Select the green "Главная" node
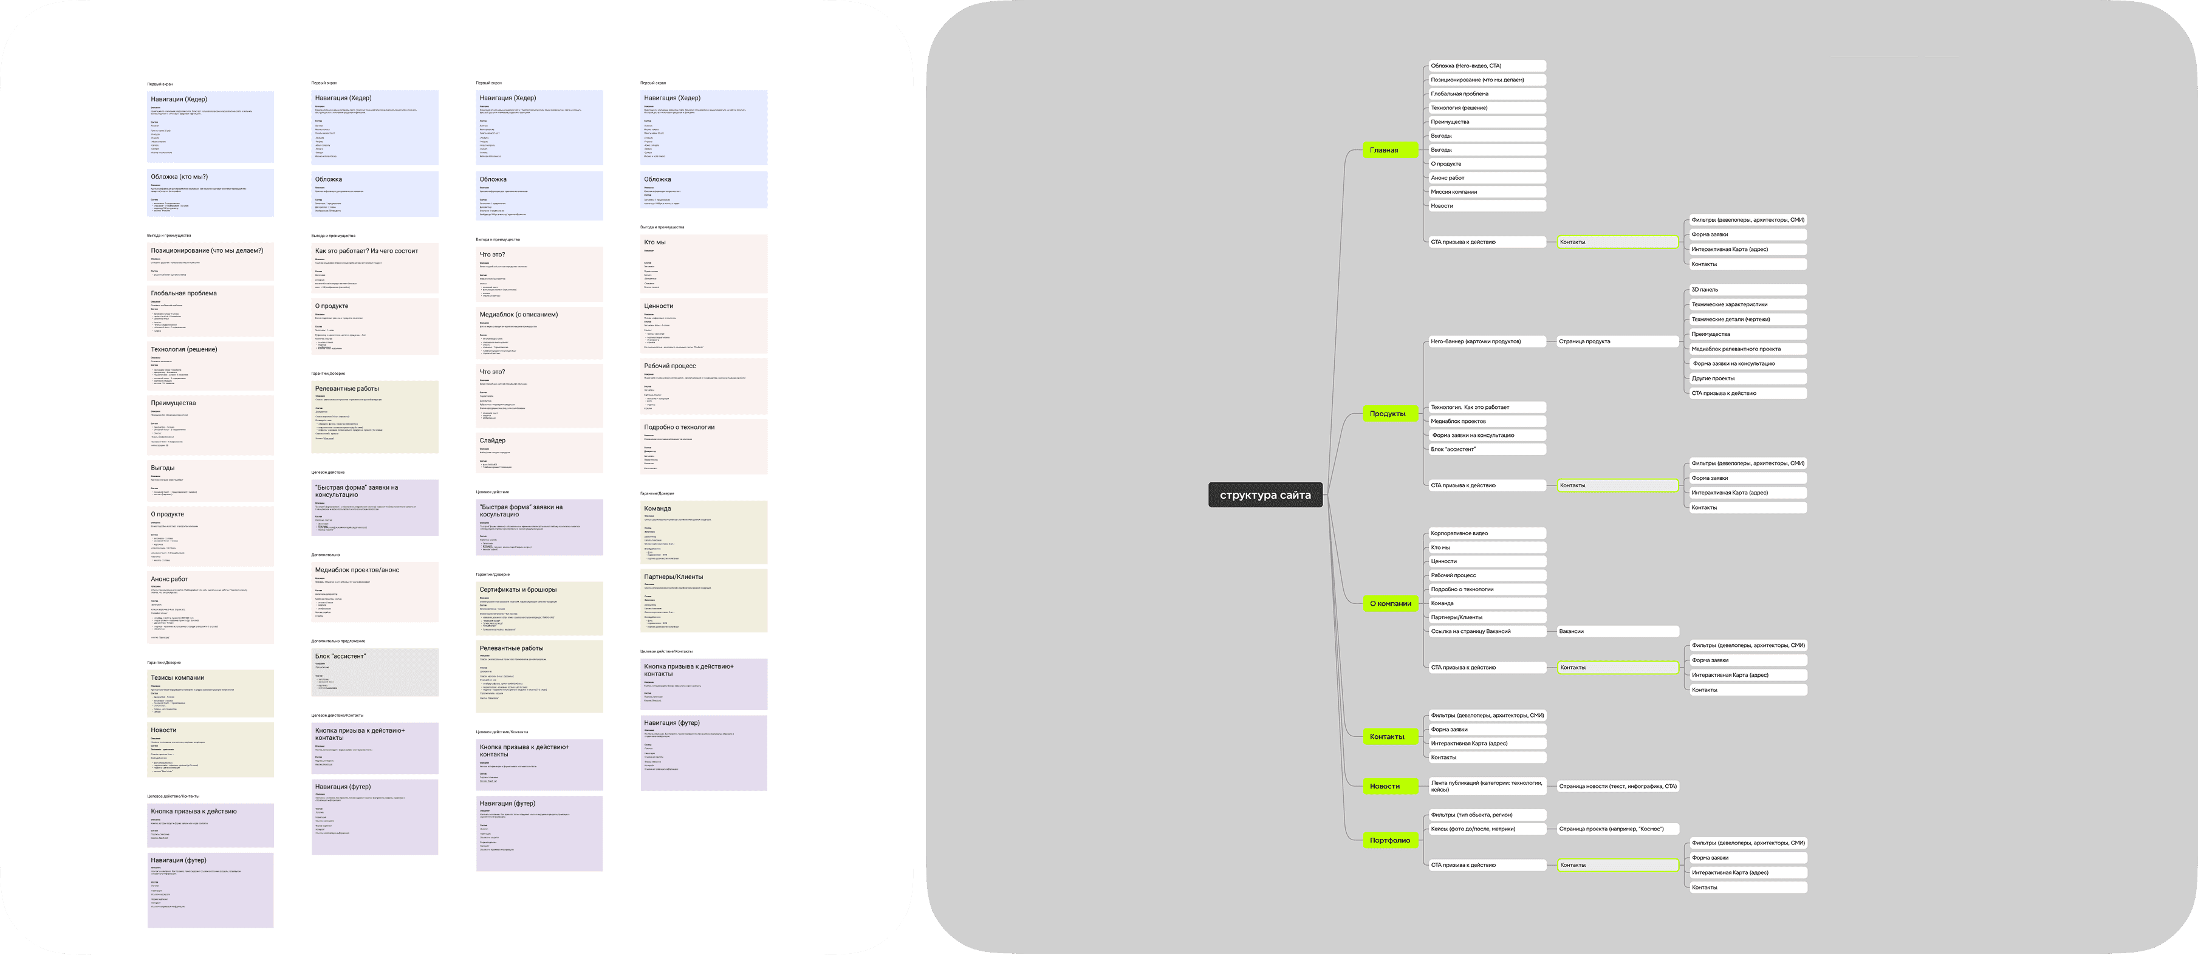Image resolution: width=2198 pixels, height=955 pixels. (x=1383, y=150)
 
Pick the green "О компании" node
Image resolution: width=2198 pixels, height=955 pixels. (x=1390, y=603)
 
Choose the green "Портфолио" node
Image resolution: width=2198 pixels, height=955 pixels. (x=1389, y=841)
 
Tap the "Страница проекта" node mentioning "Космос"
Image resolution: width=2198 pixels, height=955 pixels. (x=1617, y=829)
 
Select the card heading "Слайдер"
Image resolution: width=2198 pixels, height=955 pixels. (x=492, y=440)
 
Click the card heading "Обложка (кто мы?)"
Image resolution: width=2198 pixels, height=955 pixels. (x=179, y=177)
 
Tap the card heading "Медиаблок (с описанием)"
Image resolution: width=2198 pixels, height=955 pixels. (x=518, y=314)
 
